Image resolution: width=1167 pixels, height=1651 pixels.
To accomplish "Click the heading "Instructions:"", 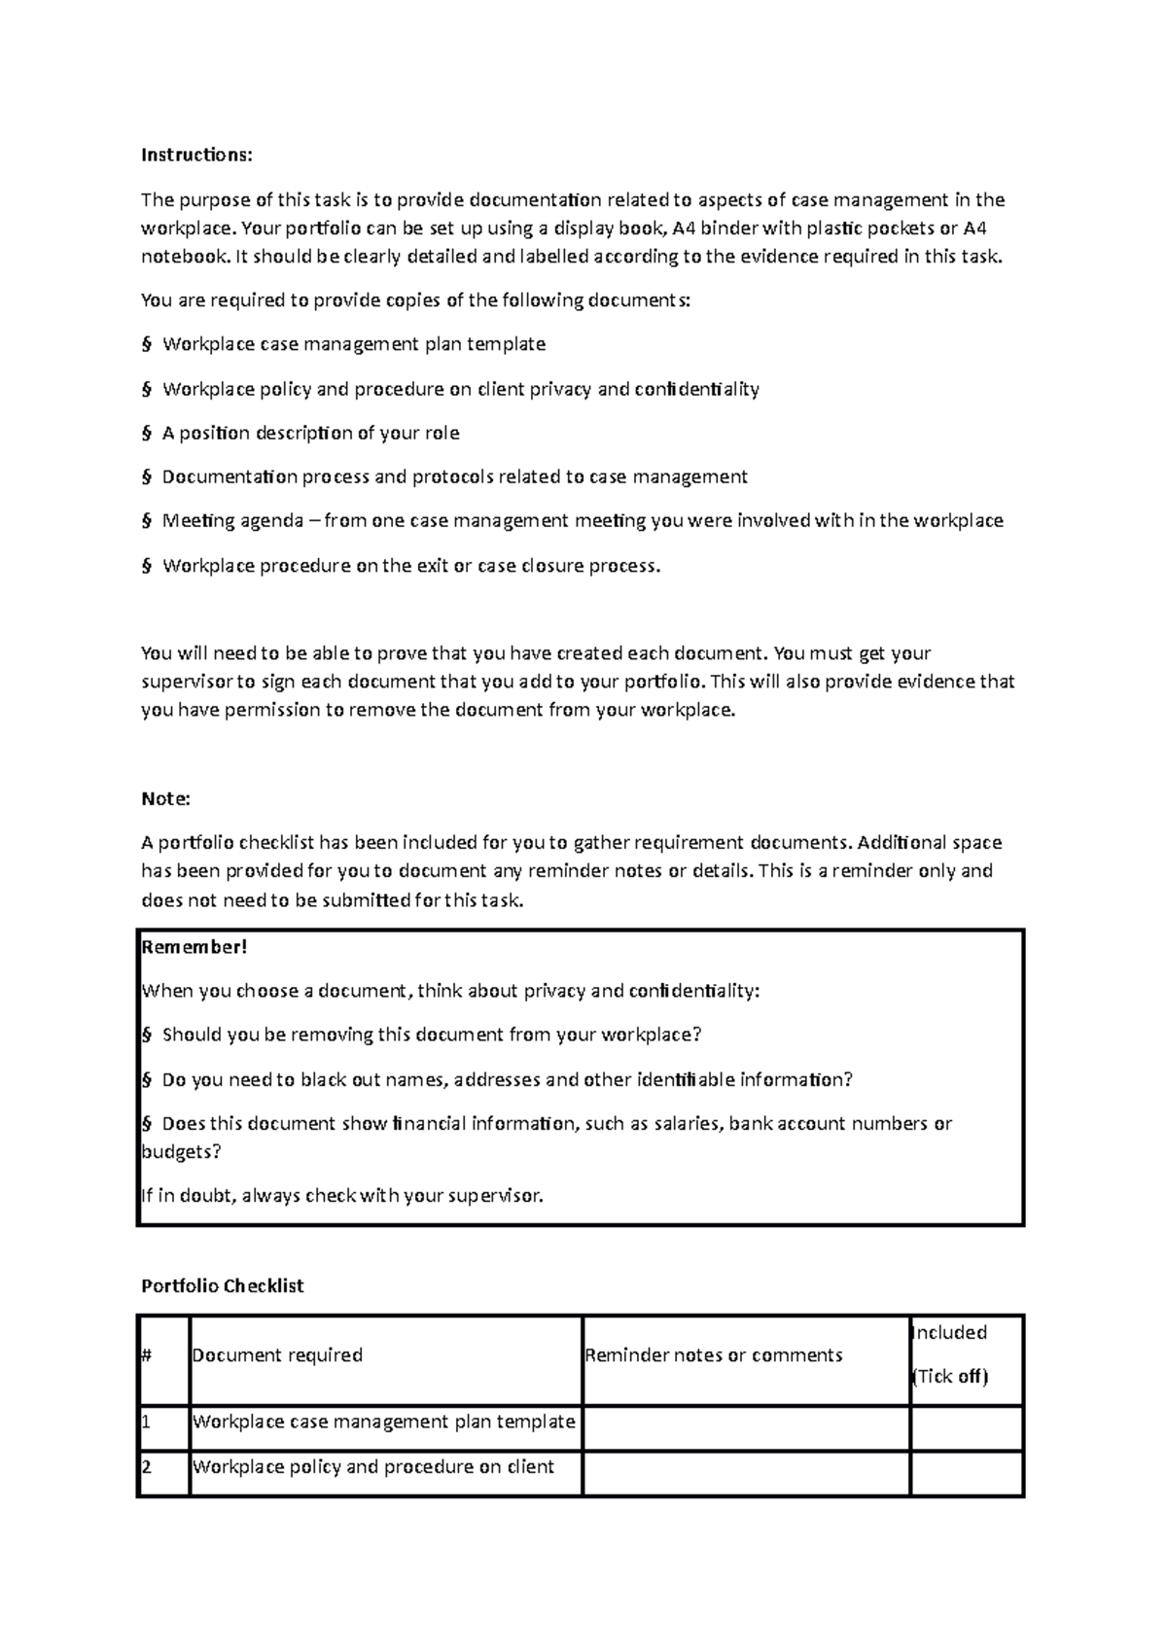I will (x=196, y=155).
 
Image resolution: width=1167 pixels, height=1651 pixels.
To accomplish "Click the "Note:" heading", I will (x=165, y=798).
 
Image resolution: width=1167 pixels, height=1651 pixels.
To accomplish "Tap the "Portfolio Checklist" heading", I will (x=223, y=1285).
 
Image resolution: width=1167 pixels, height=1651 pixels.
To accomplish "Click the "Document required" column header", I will (x=277, y=1354).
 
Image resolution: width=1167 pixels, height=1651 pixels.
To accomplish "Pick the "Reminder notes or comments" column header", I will (x=714, y=1354).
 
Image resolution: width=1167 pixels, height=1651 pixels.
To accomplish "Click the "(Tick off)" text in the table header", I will (x=949, y=1377).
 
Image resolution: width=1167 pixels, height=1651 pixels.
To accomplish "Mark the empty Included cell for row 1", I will (x=966, y=1428).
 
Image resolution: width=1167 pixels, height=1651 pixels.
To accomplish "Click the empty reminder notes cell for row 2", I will (x=745, y=1473).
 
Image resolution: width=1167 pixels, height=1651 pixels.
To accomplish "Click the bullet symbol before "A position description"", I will (x=147, y=434).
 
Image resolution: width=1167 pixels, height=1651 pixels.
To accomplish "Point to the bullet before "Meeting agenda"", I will (x=147, y=521).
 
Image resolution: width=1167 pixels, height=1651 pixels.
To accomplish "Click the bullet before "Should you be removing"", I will (x=147, y=1035).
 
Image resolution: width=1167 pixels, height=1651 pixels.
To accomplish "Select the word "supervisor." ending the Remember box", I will (x=496, y=1196).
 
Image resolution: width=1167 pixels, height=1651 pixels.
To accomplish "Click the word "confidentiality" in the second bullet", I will (x=696, y=389).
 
